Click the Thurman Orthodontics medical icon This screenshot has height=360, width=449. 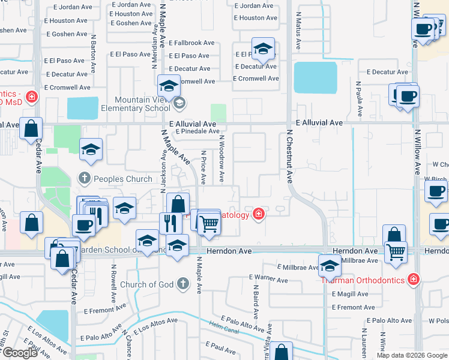click(x=413, y=279)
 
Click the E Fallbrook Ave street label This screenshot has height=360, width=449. click(x=191, y=43)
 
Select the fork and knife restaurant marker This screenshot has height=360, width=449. click(x=170, y=223)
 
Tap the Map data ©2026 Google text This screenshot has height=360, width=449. click(x=412, y=355)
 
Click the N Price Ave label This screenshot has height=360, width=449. click(x=204, y=167)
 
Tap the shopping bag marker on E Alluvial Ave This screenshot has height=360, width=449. click(x=31, y=128)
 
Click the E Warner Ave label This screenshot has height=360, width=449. click(x=268, y=278)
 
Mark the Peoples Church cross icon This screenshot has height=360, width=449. click(x=85, y=178)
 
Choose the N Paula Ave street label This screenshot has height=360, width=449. click(x=359, y=98)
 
